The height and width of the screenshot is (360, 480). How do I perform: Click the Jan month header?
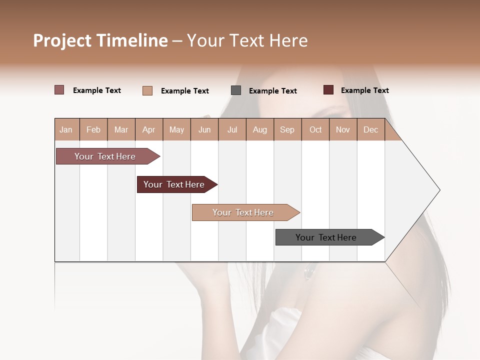click(66, 129)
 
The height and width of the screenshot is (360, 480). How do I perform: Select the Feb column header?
click(93, 129)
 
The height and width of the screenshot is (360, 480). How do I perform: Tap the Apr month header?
click(148, 129)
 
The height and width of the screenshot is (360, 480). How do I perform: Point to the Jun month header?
click(204, 129)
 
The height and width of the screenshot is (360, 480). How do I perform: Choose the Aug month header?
click(259, 129)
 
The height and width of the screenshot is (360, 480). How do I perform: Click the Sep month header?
click(287, 129)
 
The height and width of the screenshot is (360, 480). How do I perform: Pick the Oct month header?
click(315, 129)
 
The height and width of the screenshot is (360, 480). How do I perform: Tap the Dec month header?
click(370, 129)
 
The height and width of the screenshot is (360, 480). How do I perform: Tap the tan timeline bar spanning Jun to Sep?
click(243, 212)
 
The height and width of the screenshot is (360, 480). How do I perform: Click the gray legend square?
click(236, 90)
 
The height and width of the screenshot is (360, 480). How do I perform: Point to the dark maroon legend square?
click(328, 90)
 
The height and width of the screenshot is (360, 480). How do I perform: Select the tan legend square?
click(147, 90)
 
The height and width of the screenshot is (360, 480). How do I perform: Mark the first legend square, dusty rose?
click(59, 90)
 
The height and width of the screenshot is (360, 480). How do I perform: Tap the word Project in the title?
click(62, 40)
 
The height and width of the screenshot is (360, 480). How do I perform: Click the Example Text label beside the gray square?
click(272, 91)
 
